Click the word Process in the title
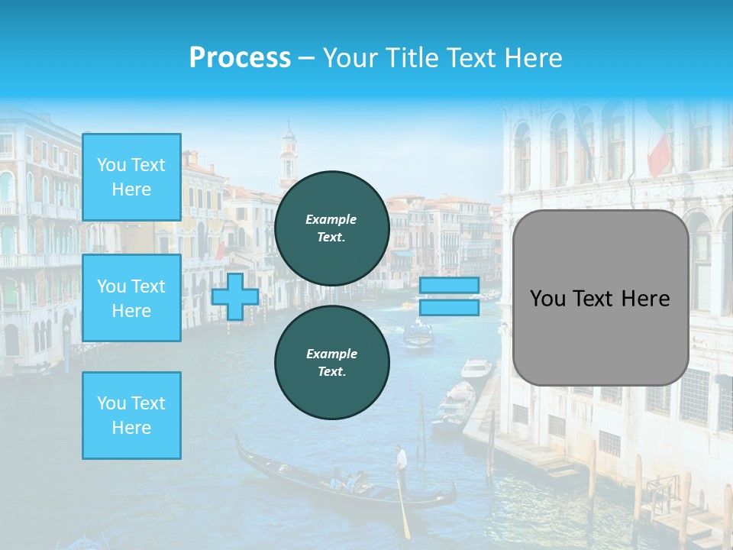[x=240, y=58]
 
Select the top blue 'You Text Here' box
[x=131, y=177]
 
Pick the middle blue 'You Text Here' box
[x=131, y=298]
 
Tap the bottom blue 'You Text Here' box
[x=131, y=415]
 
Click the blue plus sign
[x=235, y=296]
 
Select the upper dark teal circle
[x=332, y=228]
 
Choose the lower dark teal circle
[x=332, y=362]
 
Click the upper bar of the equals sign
[x=449, y=285]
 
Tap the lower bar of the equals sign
[x=449, y=307]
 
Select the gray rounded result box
[x=600, y=298]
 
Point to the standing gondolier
[x=401, y=467]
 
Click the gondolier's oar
[x=404, y=511]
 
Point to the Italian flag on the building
[x=659, y=146]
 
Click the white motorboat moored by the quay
[x=476, y=368]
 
